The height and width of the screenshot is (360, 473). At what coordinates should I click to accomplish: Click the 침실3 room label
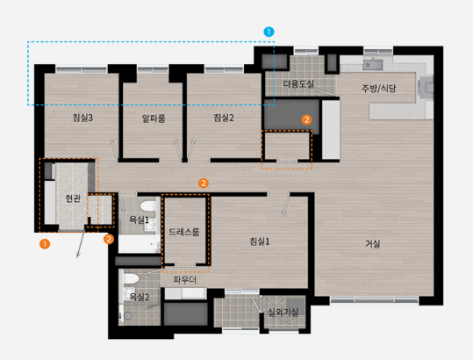pyautogui.click(x=82, y=118)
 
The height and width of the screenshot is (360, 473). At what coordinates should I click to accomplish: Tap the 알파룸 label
pyautogui.click(x=154, y=119)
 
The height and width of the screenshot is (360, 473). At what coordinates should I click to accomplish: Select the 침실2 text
pyautogui.click(x=224, y=118)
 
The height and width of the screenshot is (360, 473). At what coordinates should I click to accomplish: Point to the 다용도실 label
pyautogui.click(x=298, y=83)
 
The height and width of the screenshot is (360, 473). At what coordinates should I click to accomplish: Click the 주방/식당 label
pyautogui.click(x=378, y=89)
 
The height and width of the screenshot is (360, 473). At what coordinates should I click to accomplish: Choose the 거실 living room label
pyautogui.click(x=373, y=243)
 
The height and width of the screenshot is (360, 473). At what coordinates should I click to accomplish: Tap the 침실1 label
pyautogui.click(x=260, y=241)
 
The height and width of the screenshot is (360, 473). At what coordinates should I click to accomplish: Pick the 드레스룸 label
pyautogui.click(x=184, y=232)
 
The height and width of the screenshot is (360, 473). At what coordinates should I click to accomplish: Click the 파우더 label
pyautogui.click(x=184, y=280)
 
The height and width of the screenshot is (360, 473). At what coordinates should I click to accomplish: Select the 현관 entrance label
pyautogui.click(x=73, y=198)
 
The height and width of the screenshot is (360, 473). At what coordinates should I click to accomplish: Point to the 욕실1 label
pyautogui.click(x=139, y=220)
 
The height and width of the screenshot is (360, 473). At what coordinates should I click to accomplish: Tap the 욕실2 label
pyautogui.click(x=139, y=297)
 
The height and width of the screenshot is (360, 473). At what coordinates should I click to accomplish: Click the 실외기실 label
pyautogui.click(x=283, y=313)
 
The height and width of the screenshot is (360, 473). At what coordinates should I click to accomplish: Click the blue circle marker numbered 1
pyautogui.click(x=269, y=32)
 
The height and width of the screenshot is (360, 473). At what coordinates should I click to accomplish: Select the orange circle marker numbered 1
pyautogui.click(x=45, y=244)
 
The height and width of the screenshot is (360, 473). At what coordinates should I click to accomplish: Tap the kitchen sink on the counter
pyautogui.click(x=373, y=65)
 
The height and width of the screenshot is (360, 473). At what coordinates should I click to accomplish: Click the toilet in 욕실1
pyautogui.click(x=147, y=206)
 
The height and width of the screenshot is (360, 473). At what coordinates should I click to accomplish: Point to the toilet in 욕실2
pyautogui.click(x=132, y=278)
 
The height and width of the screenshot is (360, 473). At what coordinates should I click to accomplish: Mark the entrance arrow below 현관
pyautogui.click(x=81, y=245)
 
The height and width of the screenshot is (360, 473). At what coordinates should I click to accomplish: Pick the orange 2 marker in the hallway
pyautogui.click(x=204, y=183)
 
